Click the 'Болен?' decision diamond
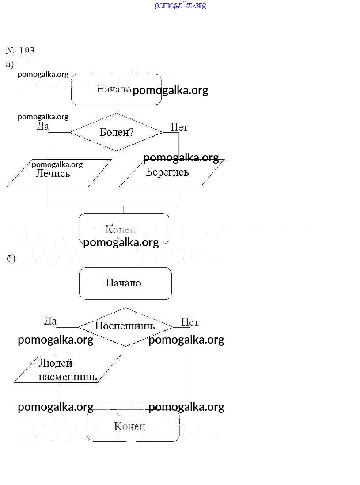click(117, 132)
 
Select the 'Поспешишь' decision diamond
click(125, 327)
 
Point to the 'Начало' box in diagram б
click(125, 283)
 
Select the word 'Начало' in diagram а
click(114, 89)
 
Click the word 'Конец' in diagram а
click(120, 229)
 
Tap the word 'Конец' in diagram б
click(130, 426)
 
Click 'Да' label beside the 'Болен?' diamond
click(42, 126)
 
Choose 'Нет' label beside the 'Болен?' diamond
click(179, 127)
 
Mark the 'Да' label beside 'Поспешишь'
click(50, 321)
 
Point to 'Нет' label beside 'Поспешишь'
click(189, 322)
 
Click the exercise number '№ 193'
click(20, 50)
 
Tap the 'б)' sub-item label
click(11, 259)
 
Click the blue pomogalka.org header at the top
click(180, 5)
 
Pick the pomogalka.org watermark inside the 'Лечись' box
click(57, 164)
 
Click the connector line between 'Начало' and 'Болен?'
click(117, 109)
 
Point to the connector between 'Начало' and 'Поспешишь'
click(126, 304)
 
